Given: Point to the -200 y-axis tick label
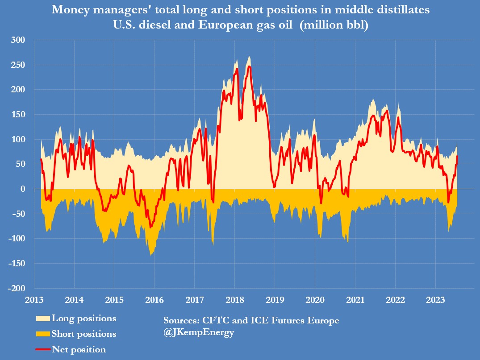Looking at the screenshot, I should pyautogui.click(x=16, y=288).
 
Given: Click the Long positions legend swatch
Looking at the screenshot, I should pyautogui.click(x=43, y=319).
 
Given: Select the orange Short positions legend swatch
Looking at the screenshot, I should pyautogui.click(x=43, y=334).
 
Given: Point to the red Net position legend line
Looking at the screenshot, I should pyautogui.click(x=43, y=350).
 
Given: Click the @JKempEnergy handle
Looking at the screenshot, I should pyautogui.click(x=199, y=333).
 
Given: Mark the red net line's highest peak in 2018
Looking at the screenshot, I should pyautogui.click(x=249, y=66).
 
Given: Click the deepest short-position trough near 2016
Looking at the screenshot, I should pyautogui.click(x=152, y=255).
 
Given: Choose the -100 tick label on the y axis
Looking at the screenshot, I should pyautogui.click(x=16, y=239).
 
